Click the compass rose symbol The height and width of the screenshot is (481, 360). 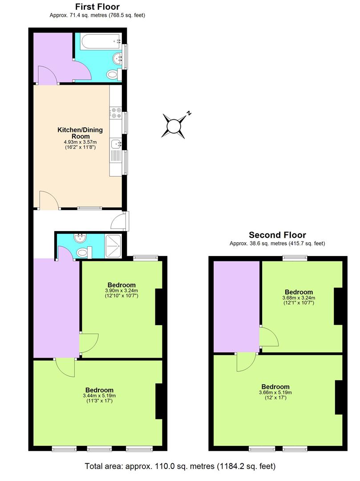173,126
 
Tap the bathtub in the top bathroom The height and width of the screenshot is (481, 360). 100,41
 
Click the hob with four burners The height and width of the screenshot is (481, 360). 117,113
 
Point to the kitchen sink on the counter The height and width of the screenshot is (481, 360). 116,144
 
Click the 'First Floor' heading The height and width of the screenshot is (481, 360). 97,7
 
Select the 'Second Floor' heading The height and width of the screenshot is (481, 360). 277,235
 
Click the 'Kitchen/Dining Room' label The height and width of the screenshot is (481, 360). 80,133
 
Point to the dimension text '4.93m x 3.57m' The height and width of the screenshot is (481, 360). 80,143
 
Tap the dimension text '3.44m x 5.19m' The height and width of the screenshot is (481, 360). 99,395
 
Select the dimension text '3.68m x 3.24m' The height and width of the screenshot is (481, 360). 298,298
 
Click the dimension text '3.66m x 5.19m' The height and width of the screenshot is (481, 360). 275,392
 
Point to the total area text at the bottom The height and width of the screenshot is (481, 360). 180,466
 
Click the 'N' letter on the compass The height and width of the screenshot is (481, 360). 189,113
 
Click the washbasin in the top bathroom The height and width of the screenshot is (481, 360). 117,57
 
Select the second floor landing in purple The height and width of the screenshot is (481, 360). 236,306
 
